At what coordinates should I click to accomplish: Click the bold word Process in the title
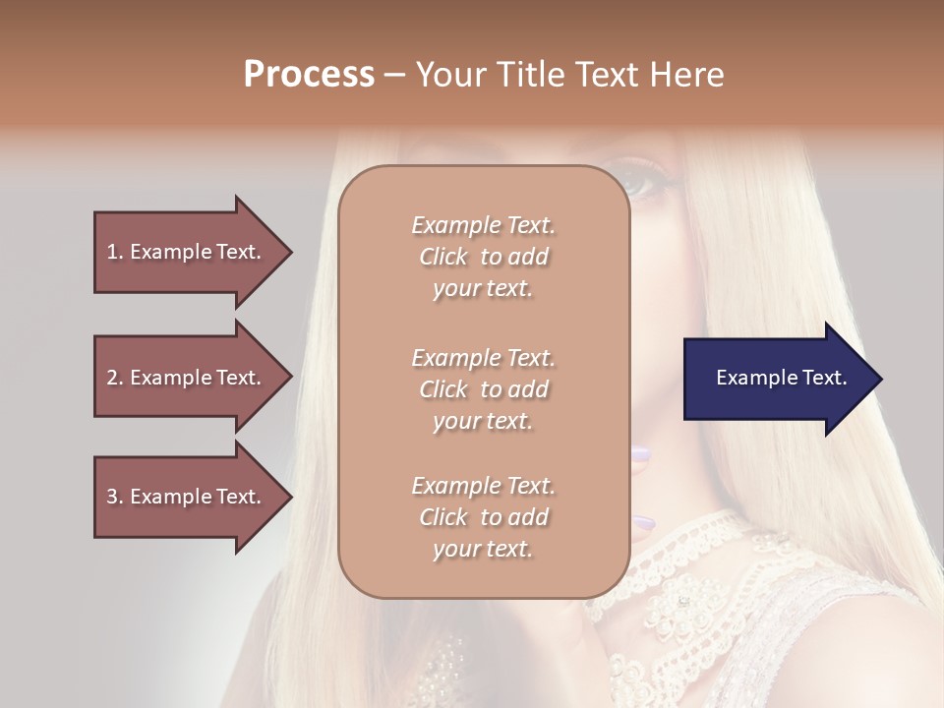(x=309, y=75)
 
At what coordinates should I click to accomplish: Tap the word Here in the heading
(x=686, y=75)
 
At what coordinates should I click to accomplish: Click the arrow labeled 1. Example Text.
(x=187, y=252)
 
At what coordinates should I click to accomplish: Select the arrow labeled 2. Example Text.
(x=187, y=378)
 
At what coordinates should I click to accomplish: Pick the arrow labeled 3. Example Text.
(x=187, y=497)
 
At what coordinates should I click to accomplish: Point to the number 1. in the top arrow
(x=115, y=252)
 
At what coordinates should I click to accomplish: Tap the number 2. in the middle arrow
(x=115, y=378)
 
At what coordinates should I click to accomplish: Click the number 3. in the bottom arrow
(x=115, y=497)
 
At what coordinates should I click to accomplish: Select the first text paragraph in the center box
(x=483, y=257)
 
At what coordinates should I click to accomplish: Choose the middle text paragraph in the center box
(x=483, y=389)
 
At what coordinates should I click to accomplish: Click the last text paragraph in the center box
(x=483, y=517)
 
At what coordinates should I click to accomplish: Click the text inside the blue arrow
(x=781, y=378)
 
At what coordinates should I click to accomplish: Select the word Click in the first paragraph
(x=443, y=257)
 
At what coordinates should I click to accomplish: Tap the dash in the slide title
(x=395, y=75)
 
